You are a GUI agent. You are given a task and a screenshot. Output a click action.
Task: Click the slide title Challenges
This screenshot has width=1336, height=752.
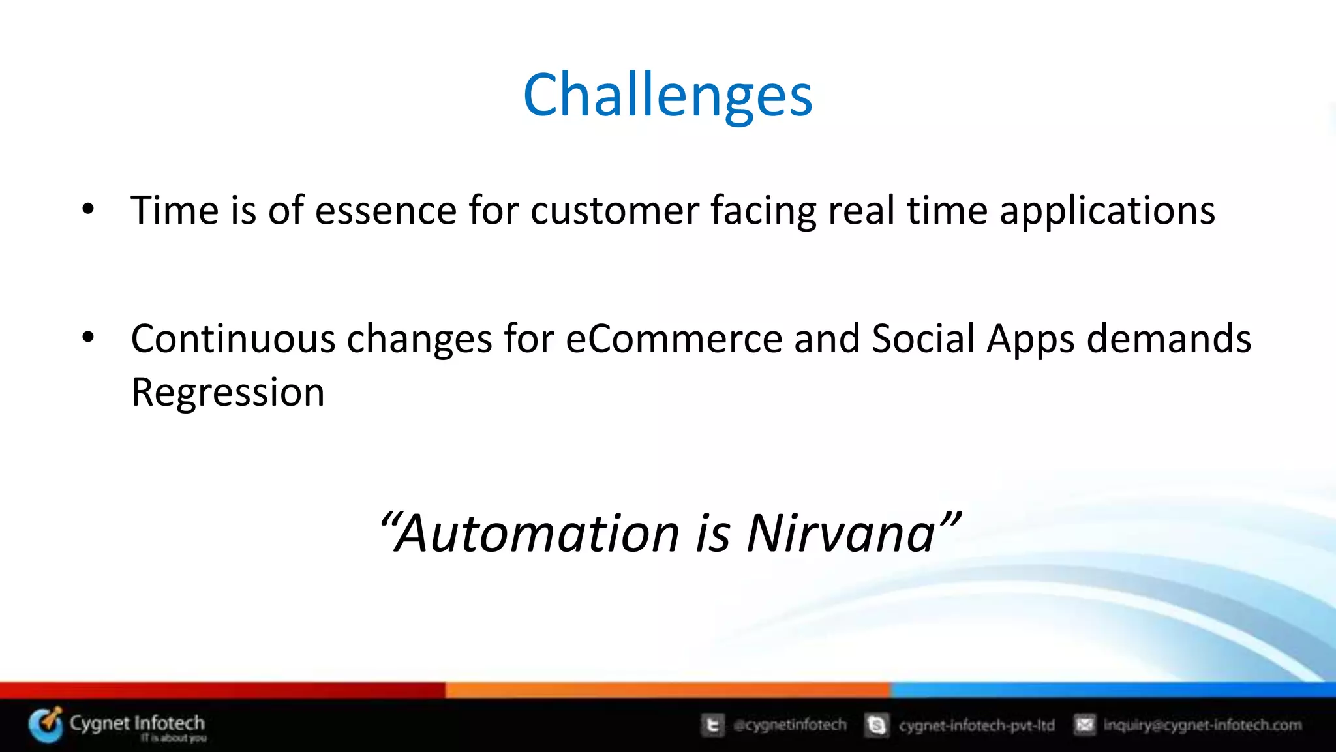coord(667,96)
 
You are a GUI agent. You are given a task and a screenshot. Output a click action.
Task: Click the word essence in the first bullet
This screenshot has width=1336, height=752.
coord(386,211)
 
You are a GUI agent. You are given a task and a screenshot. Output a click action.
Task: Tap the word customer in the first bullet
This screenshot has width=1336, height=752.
coord(615,211)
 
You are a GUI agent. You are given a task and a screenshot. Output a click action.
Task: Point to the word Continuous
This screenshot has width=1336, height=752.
coord(233,339)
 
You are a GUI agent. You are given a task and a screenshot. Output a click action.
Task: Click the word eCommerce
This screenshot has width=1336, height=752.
coord(673,339)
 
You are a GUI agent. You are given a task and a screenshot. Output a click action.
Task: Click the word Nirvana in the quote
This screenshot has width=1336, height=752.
coord(842,534)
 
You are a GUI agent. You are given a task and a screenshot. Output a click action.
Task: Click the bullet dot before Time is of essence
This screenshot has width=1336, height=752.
coord(88,210)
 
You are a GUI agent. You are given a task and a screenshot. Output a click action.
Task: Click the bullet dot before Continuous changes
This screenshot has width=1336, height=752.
coord(88,338)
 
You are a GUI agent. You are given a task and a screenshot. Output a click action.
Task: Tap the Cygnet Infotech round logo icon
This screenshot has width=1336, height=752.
coord(46,724)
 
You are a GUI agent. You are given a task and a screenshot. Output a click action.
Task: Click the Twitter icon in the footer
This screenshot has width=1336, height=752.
coord(712,725)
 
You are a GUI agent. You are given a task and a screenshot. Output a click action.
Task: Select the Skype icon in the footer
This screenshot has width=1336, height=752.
coord(877,725)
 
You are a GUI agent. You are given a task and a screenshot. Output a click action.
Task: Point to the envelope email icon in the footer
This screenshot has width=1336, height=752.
coord(1084,725)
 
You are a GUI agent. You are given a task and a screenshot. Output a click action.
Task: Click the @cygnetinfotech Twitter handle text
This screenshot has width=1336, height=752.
coord(789,725)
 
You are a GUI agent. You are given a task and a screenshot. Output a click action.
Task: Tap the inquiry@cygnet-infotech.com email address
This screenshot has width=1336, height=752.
coord(1202,725)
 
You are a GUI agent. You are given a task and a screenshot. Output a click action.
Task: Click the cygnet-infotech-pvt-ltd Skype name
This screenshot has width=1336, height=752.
coord(977,725)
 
